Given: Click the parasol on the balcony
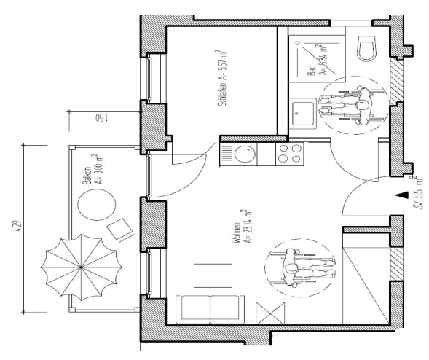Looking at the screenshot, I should pyautogui.click(x=78, y=267).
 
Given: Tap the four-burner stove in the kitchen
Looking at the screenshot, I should pyautogui.click(x=289, y=154).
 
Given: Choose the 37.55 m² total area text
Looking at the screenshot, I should pyautogui.click(x=417, y=193).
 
